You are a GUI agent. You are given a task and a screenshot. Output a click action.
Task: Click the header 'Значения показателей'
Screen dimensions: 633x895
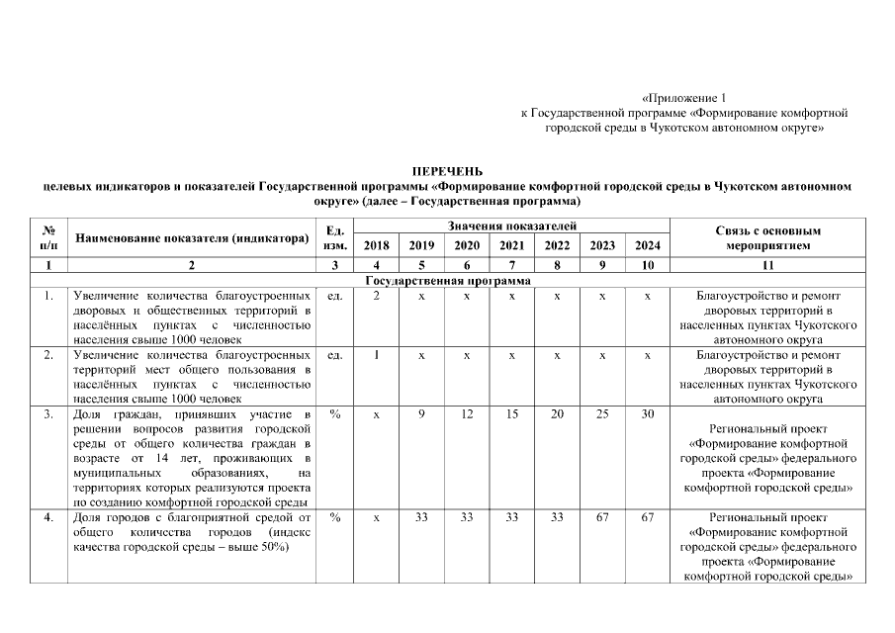tap(511, 227)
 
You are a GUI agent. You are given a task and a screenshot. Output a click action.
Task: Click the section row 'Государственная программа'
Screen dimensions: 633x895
tap(448, 281)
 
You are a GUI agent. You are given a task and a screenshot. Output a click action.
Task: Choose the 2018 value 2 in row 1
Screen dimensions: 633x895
tap(376, 296)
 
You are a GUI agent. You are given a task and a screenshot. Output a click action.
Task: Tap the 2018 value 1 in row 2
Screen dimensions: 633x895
tap(376, 353)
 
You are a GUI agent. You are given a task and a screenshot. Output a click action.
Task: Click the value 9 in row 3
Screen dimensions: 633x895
tap(421, 412)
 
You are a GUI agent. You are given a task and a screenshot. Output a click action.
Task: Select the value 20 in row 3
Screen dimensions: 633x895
tap(556, 412)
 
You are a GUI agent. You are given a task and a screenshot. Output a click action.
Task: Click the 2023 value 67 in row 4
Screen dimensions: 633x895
tap(601, 516)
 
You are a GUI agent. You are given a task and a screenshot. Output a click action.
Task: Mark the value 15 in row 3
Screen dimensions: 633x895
tap(511, 412)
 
